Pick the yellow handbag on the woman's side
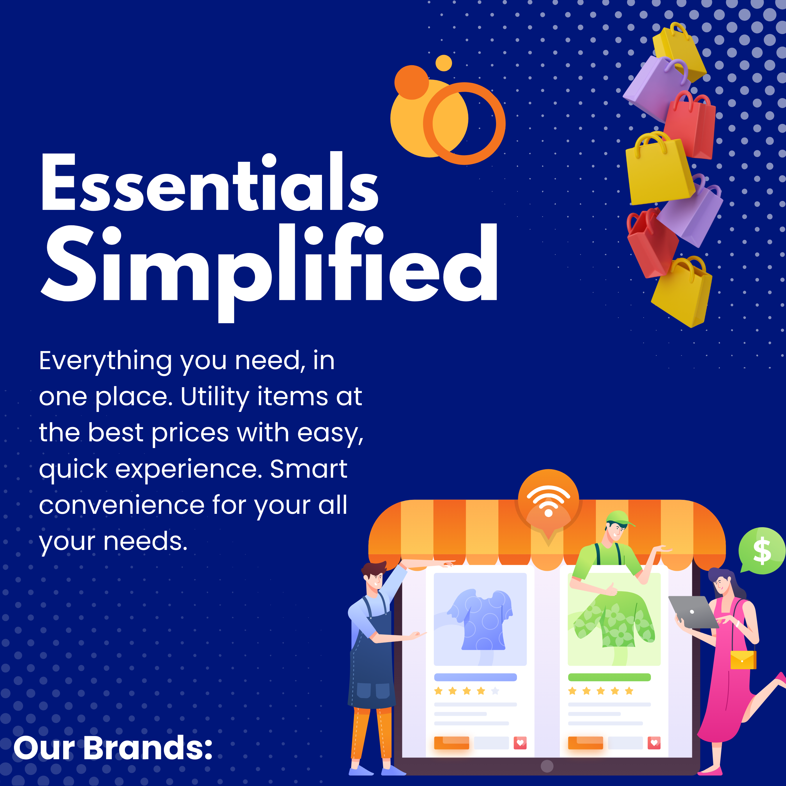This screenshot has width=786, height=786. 743,659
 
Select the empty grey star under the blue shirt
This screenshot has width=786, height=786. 495,691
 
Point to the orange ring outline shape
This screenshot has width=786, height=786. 464,123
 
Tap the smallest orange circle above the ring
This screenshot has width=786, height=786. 443,63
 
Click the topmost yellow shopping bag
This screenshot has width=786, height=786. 679,51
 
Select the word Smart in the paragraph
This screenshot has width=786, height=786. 308,469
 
